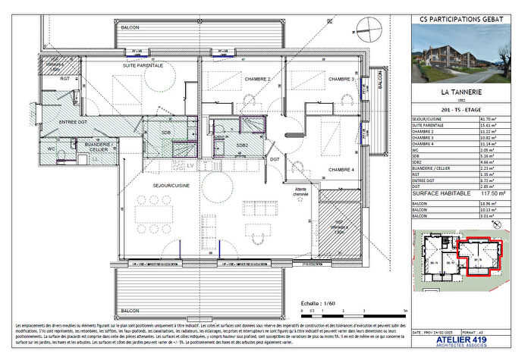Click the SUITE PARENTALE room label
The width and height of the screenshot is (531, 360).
(144, 66)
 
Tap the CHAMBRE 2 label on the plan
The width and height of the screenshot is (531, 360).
(257, 79)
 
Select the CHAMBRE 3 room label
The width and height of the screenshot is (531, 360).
(341, 79)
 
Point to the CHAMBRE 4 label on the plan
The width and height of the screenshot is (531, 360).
(341, 169)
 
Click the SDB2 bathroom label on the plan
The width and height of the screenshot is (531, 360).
(242, 145)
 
